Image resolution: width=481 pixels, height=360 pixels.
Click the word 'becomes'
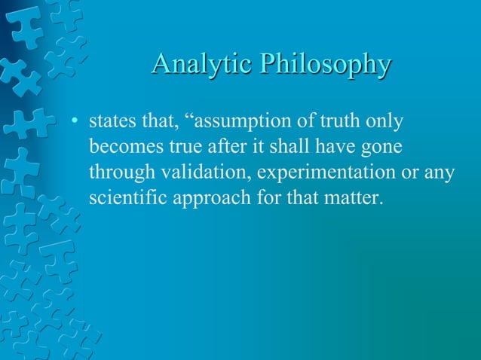point(124,146)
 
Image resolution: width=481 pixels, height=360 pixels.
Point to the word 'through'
point(121,172)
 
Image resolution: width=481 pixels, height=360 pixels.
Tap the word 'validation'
point(206,172)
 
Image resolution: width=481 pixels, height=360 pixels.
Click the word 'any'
point(441,172)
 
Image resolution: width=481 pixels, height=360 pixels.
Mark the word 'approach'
point(208,199)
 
